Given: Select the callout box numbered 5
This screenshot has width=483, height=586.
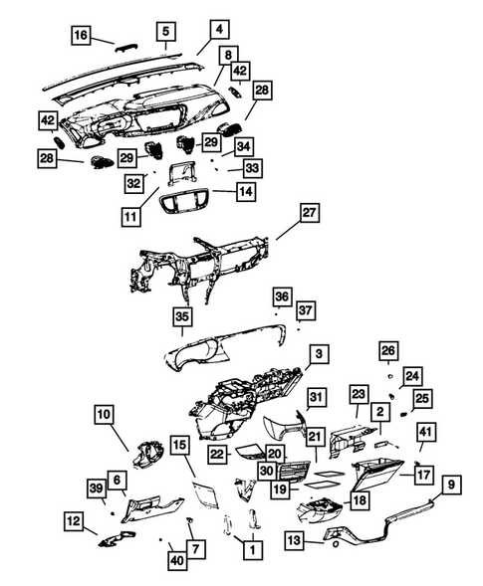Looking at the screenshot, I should (x=165, y=30).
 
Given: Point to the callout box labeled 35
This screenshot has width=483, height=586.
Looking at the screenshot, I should (x=181, y=316).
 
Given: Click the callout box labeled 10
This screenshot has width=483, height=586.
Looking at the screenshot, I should (x=106, y=412).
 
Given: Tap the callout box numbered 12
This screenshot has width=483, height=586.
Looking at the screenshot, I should (x=75, y=519).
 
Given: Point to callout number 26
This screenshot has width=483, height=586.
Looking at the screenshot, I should (x=387, y=350).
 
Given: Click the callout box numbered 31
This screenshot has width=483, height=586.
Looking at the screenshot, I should (x=316, y=398).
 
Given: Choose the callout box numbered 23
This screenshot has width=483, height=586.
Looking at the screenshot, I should (x=359, y=394).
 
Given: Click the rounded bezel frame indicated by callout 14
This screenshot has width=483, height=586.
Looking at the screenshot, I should (x=189, y=205).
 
